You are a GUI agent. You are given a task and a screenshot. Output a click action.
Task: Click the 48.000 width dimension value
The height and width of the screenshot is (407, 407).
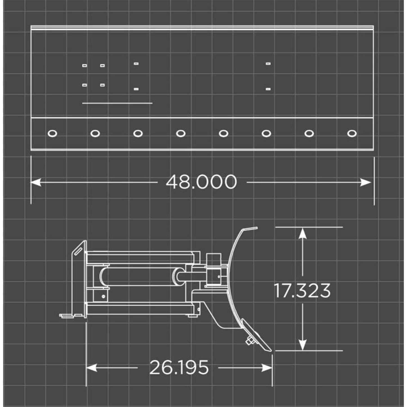coord(201,182)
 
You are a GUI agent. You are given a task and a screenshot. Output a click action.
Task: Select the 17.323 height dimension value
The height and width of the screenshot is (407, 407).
coord(302,291)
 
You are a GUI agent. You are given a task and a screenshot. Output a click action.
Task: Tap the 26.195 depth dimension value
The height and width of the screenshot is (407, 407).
coord(179,367)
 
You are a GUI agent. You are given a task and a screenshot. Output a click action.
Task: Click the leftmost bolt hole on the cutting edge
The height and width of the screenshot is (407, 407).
coord(52,133)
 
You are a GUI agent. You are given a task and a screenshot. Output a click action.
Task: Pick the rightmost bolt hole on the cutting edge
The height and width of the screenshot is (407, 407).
coord(352,133)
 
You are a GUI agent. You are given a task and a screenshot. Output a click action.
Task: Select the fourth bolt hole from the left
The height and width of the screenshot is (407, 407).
coord(181,133)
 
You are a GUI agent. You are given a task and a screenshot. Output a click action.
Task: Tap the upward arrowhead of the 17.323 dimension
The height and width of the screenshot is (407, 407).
coord(303,233)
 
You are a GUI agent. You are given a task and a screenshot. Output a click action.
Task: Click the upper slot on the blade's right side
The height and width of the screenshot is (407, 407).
coord(268,64)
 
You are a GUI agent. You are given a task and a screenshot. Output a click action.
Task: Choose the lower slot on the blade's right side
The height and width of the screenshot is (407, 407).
coord(268,89)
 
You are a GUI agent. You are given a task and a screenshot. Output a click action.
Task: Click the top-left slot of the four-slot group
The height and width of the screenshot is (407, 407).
coord(84,66)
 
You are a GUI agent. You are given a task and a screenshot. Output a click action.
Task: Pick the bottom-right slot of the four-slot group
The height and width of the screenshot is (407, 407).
coord(103,85)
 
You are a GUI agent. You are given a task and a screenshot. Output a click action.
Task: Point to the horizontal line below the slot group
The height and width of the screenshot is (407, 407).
coord(117,103)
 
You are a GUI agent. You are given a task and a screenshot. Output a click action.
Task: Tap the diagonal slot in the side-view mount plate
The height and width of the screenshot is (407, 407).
coord(78,252)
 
